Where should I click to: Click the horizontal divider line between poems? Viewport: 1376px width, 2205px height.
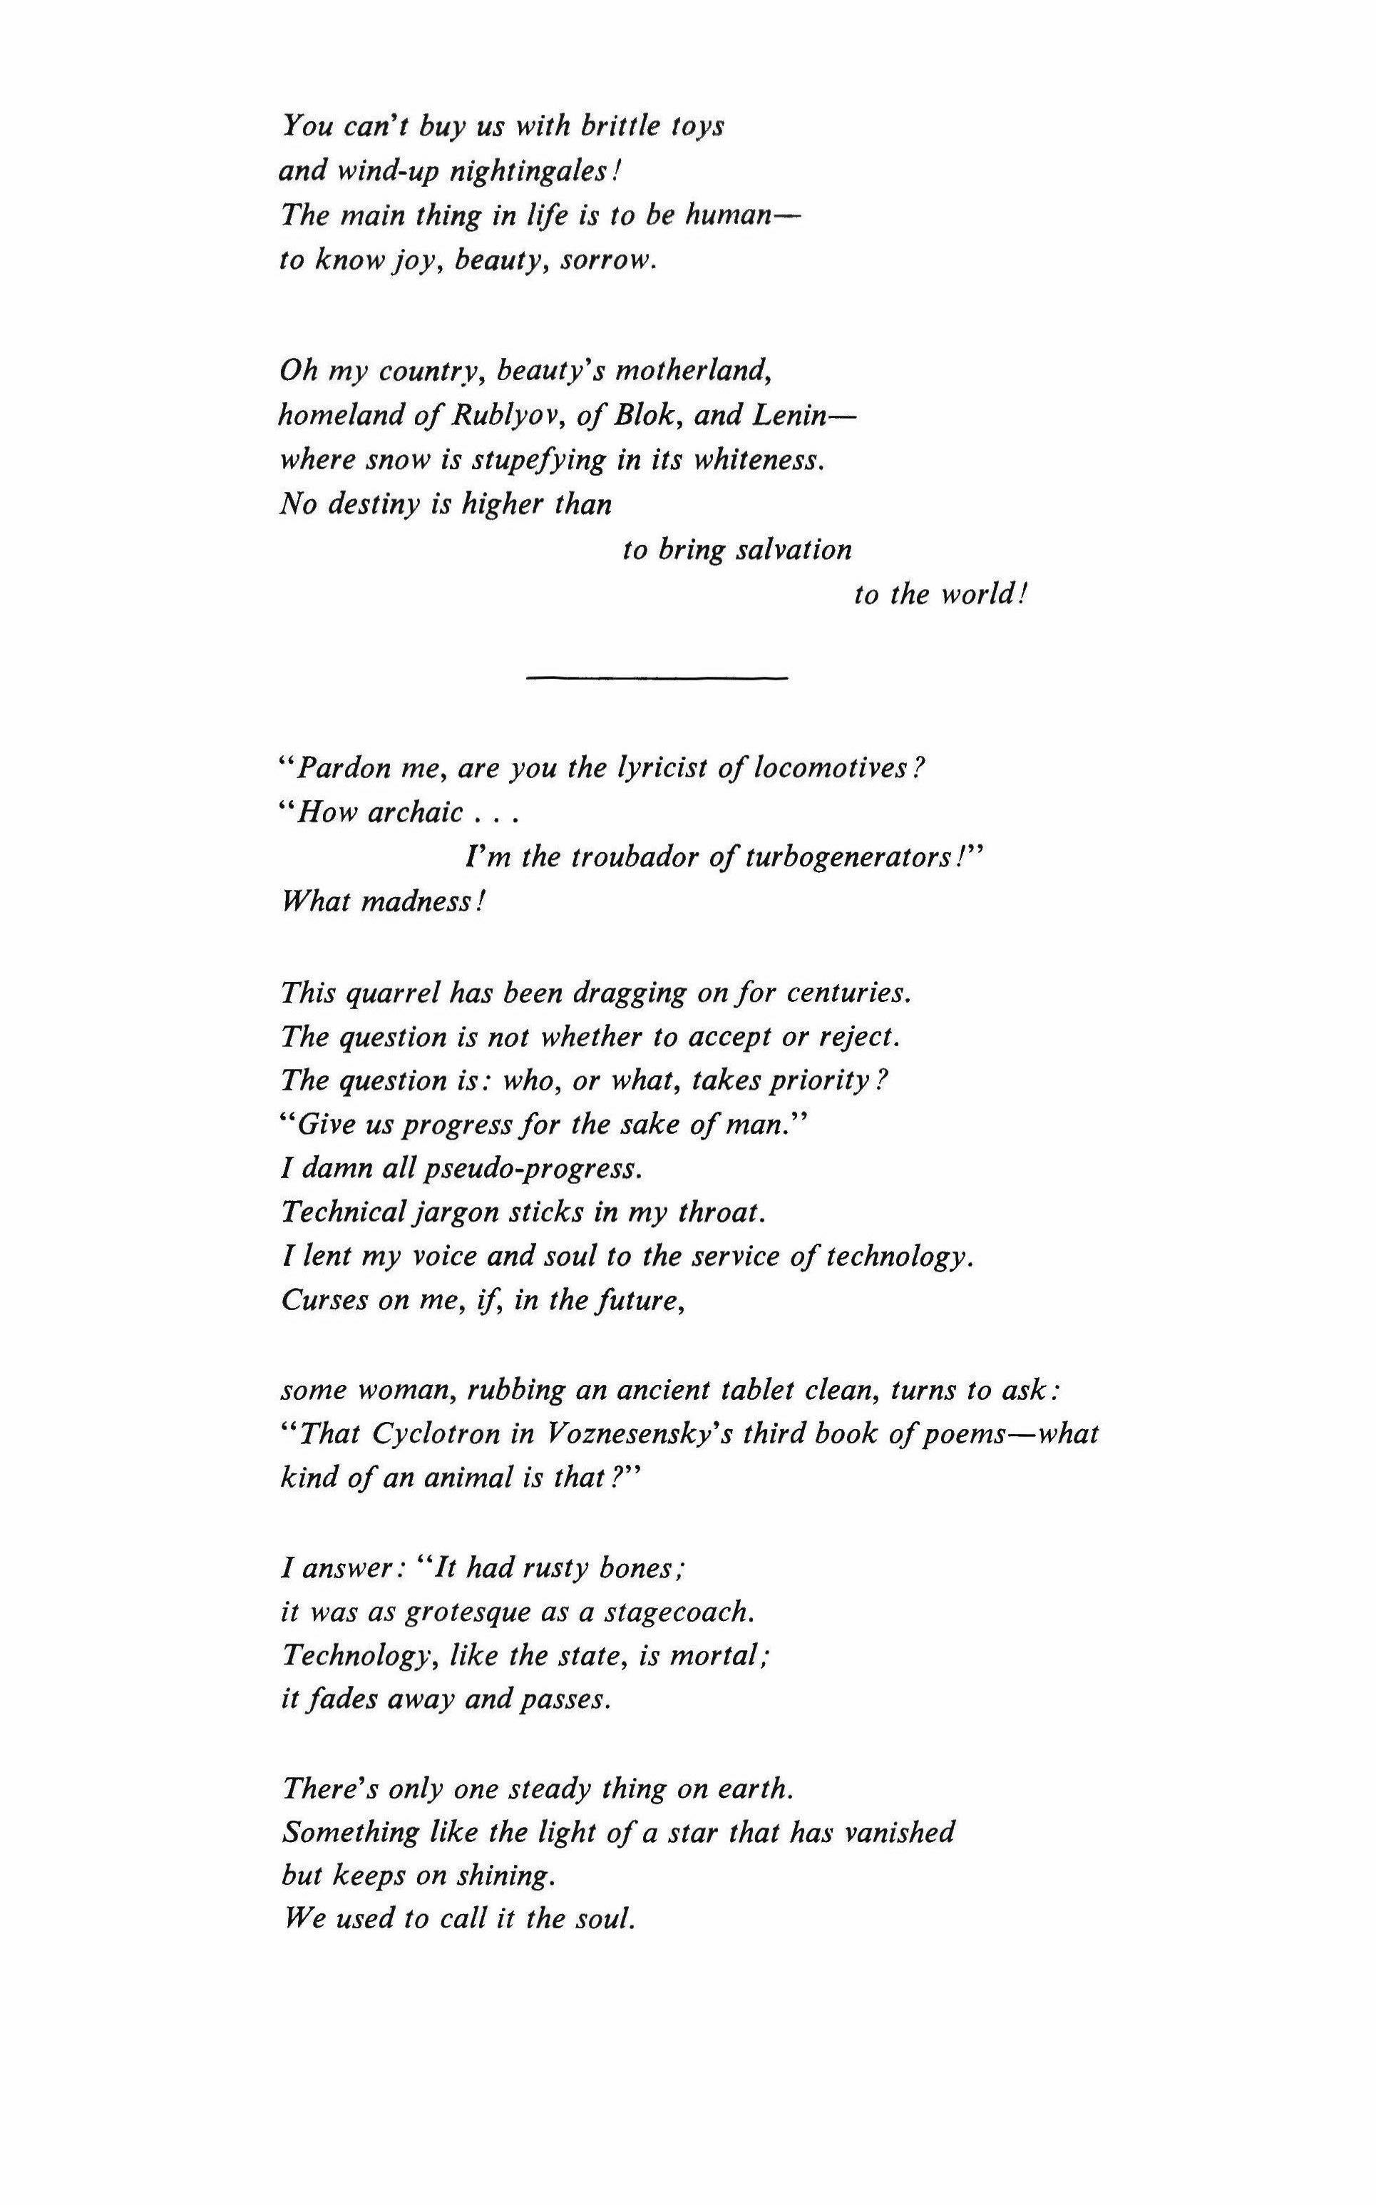[x=655, y=678]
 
